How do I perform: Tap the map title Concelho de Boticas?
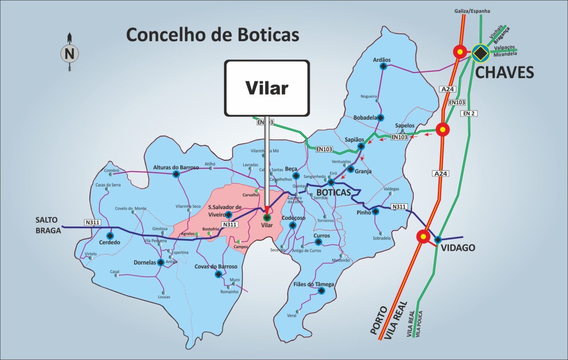pos(213,35)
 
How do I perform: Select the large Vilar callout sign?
pos(267,88)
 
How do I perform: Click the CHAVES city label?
pos(505,72)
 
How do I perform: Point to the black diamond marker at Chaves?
pos(480,53)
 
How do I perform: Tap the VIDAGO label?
pos(458,248)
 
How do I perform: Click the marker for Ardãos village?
pos(383,67)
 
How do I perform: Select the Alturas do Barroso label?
pos(176,167)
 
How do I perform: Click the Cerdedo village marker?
pos(110,236)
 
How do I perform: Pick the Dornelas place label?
pos(145,262)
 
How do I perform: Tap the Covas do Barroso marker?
pos(218,274)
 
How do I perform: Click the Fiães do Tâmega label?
pos(314,284)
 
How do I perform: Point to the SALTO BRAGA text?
pos(48,225)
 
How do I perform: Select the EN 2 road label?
pos(469,113)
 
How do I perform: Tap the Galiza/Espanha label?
pos(472,11)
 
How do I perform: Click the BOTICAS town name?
pos(333,193)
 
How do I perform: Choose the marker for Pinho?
pos(375,212)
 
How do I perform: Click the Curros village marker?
pos(318,242)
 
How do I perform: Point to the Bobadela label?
pos(365,118)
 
